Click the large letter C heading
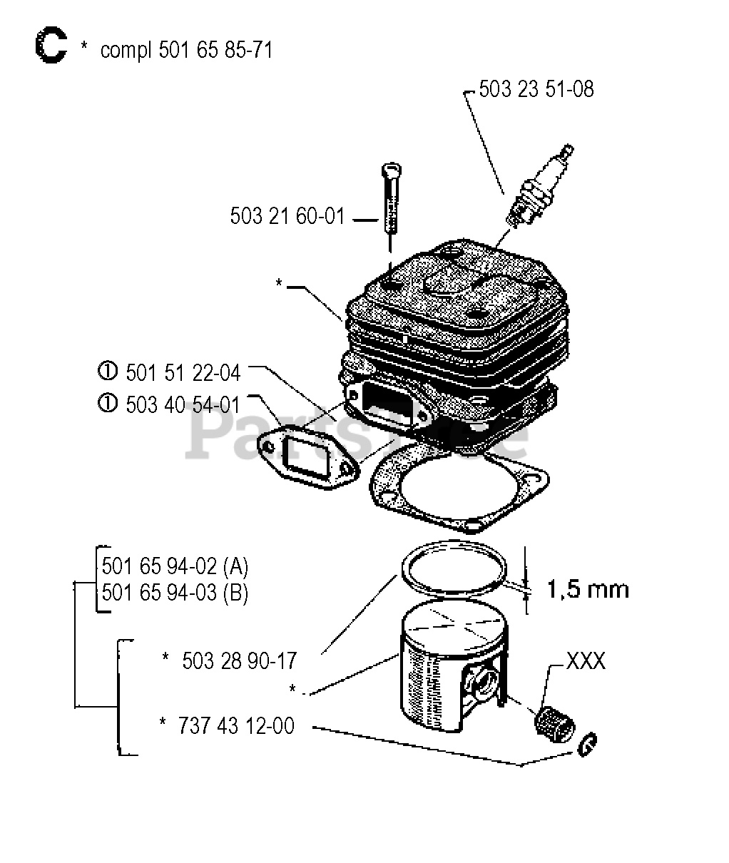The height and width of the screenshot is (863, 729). [x=50, y=47]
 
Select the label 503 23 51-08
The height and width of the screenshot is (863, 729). [x=536, y=89]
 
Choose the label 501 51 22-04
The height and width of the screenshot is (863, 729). [x=183, y=372]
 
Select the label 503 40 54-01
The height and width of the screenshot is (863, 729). [x=183, y=404]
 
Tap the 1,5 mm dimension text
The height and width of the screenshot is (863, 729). [x=588, y=589]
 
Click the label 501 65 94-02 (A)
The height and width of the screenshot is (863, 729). [x=175, y=567]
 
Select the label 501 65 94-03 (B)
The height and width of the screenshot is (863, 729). [x=175, y=593]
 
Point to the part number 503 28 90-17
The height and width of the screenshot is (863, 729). [x=239, y=660]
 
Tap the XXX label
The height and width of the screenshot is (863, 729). [x=585, y=661]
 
